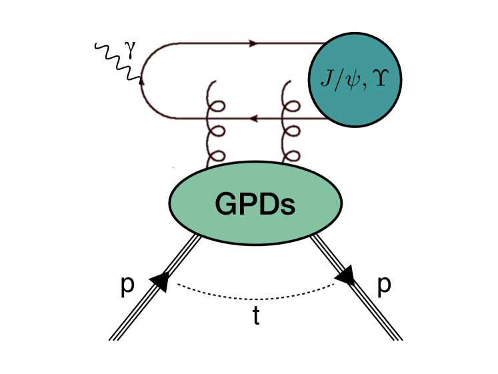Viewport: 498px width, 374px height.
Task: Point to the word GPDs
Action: (256, 203)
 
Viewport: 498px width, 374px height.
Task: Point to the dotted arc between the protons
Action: (256, 297)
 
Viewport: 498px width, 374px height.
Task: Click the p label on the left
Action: (127, 283)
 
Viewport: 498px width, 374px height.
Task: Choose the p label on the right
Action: (384, 283)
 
